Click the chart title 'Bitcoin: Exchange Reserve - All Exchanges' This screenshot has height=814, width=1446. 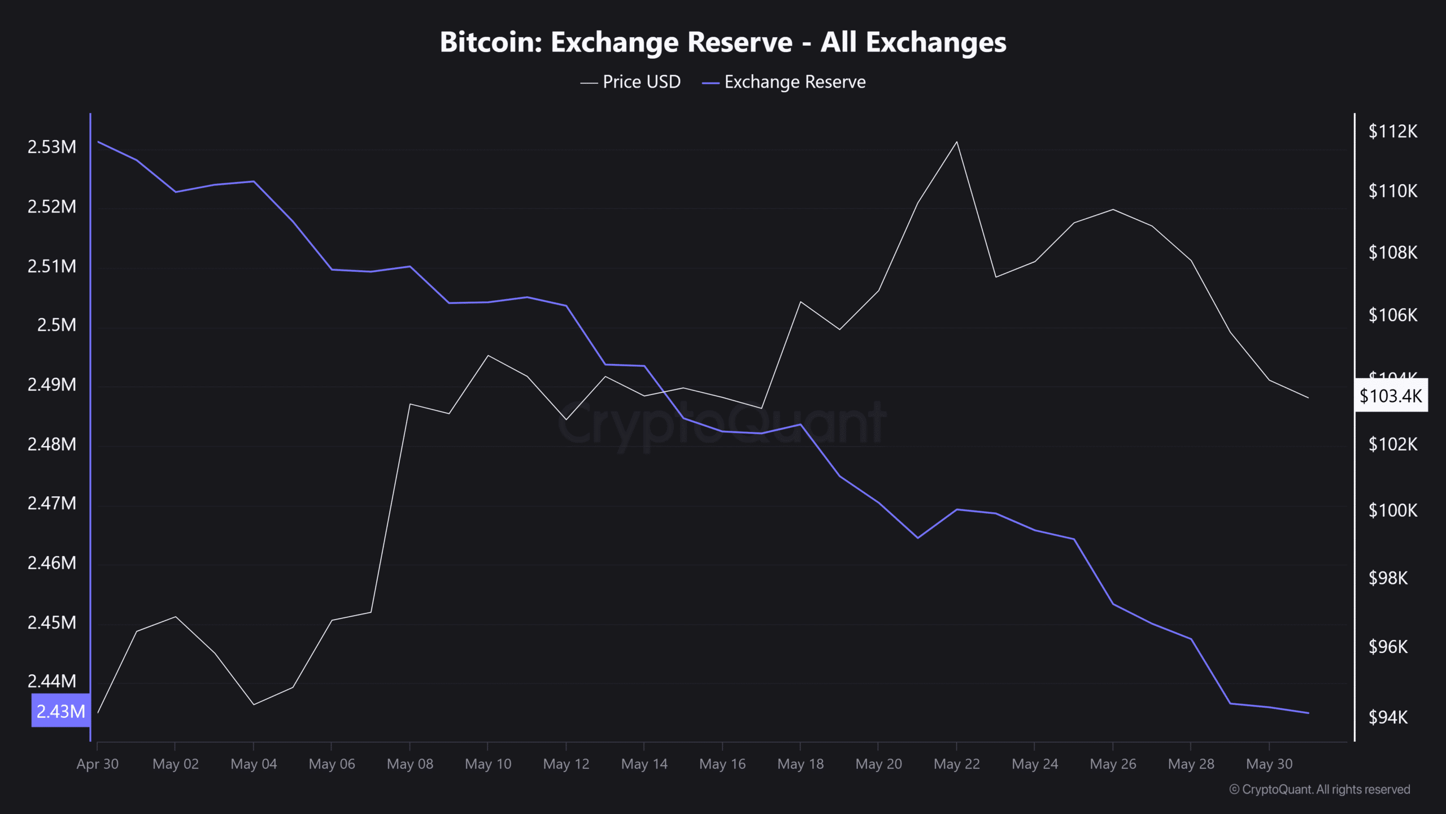[723, 42]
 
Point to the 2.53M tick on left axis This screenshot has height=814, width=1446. [52, 147]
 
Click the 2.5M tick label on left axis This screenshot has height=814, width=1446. [56, 325]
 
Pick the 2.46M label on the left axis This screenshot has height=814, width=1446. [52, 563]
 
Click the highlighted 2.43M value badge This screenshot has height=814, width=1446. [60, 711]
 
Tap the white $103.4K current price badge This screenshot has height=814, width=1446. [1391, 396]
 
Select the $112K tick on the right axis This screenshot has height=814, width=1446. [1392, 132]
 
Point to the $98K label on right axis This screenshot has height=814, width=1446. [1388, 578]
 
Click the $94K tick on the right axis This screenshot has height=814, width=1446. [1388, 717]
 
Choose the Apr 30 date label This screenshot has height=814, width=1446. [98, 764]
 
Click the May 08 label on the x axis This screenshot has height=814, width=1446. [410, 764]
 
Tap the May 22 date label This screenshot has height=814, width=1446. [957, 764]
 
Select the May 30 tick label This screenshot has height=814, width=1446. [1269, 764]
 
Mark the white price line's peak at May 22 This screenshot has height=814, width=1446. [956, 142]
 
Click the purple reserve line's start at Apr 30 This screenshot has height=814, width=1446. [98, 141]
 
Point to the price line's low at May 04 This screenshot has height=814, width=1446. [254, 704]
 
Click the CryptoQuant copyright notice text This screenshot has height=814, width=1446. [1319, 790]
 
